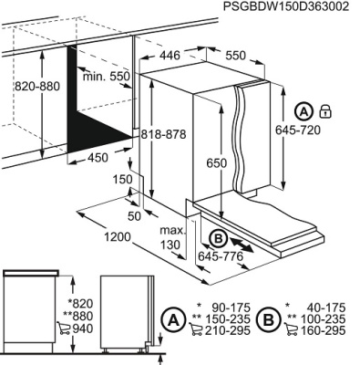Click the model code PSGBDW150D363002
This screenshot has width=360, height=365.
tap(286, 6)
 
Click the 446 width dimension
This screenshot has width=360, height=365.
tap(170, 55)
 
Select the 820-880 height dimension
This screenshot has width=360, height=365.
tap(37, 87)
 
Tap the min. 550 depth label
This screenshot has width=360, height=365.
tap(107, 77)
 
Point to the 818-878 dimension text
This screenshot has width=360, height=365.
tap(163, 134)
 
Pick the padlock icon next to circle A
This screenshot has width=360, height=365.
tap(325, 111)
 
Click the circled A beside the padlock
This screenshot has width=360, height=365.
tap(303, 111)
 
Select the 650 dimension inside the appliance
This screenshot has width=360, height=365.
tap(217, 163)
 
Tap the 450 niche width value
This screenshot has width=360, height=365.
tap(98, 158)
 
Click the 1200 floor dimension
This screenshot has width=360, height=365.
tap(118, 237)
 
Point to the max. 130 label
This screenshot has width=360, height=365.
tap(172, 237)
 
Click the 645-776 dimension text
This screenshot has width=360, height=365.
tap(221, 256)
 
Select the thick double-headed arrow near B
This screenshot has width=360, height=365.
tap(242, 245)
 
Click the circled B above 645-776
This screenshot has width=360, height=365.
tap(218, 238)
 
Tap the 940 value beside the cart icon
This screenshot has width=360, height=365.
tap(82, 328)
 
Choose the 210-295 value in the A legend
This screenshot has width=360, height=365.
tap(228, 329)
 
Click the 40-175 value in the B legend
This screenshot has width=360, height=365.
tap(326, 308)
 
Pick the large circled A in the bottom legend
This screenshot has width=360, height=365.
tap(173, 319)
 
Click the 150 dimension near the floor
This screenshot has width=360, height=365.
tap(123, 180)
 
